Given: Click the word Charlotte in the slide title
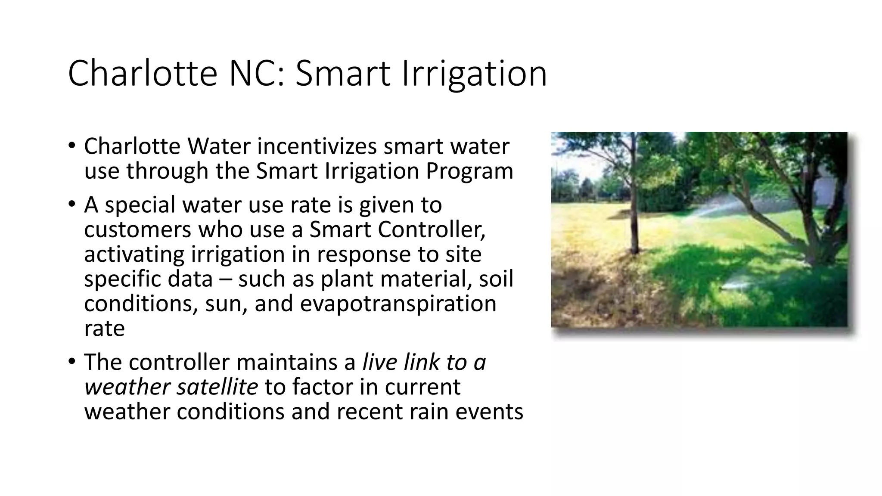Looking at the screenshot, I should pyautogui.click(x=143, y=73).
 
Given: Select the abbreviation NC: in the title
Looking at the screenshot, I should pyautogui.click(x=257, y=73).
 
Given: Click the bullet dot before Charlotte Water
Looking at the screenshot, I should pyautogui.click(x=71, y=145).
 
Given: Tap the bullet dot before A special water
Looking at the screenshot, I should pyautogui.click(x=71, y=203).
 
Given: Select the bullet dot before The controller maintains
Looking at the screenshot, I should pyautogui.click(x=71, y=361).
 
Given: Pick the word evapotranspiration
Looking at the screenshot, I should pyautogui.click(x=398, y=304).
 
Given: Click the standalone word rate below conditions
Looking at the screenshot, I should pyautogui.click(x=104, y=329).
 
